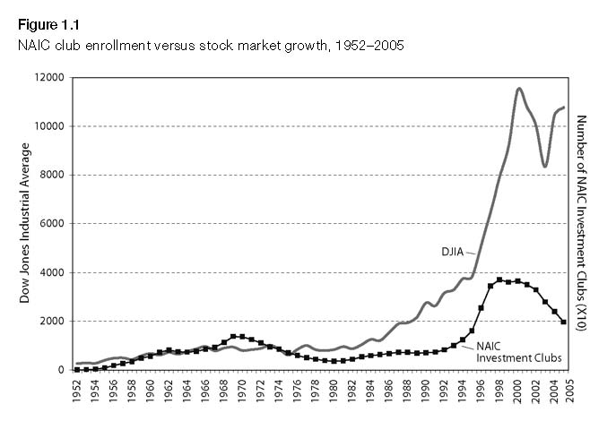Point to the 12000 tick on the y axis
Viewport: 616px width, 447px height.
[x=48, y=78]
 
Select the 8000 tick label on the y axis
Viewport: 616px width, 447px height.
[x=51, y=176]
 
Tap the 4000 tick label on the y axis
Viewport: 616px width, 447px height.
[x=51, y=272]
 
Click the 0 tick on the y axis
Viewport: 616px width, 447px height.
[x=60, y=370]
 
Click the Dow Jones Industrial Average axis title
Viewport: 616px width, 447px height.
[x=26, y=224]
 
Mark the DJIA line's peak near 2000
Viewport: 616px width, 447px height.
[x=519, y=88]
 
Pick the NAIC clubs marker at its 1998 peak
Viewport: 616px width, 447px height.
[x=499, y=280]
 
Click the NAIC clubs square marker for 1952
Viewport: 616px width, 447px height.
[x=78, y=369]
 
